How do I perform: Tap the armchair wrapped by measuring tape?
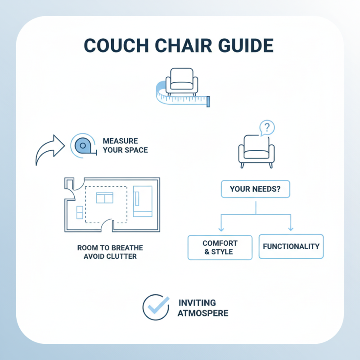[x=180, y=81]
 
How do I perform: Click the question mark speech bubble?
[x=267, y=127]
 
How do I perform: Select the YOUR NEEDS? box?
[x=256, y=189]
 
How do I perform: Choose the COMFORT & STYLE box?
[x=220, y=247]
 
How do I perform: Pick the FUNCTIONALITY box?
[x=291, y=247]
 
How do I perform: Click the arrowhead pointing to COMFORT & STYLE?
[x=221, y=229]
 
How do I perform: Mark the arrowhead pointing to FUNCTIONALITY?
[x=291, y=229]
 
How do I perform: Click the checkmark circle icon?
[x=156, y=307]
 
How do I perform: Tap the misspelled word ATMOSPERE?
[x=203, y=312]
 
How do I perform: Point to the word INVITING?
[x=197, y=302]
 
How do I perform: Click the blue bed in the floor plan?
[x=143, y=201]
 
